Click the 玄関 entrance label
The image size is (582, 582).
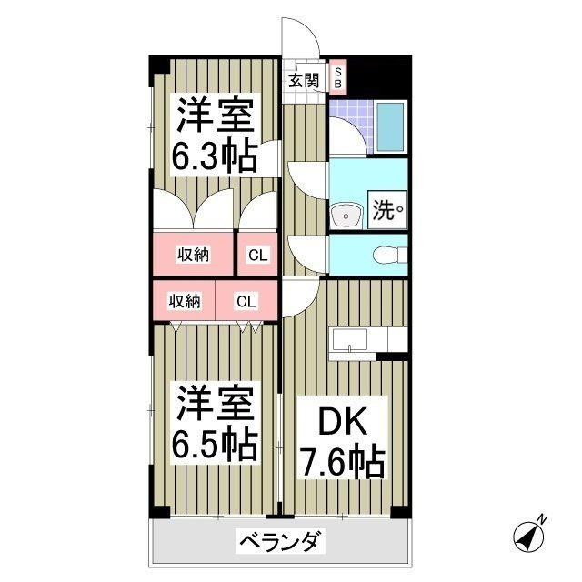pyautogui.click(x=305, y=79)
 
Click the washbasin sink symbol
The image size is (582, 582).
pyautogui.click(x=346, y=216)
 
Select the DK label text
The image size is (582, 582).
pyautogui.click(x=342, y=424)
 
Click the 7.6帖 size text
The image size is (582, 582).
pyautogui.click(x=342, y=463)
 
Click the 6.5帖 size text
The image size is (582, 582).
pyautogui.click(x=216, y=443)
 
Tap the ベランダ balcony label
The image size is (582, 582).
pyautogui.click(x=279, y=543)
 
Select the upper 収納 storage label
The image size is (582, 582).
pyautogui.click(x=193, y=255)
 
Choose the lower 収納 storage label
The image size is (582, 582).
pyautogui.click(x=185, y=302)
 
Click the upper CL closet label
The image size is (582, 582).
pyautogui.click(x=257, y=256)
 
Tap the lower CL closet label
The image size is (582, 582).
pyautogui.click(x=246, y=302)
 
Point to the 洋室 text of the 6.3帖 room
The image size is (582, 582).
pyautogui.click(x=216, y=116)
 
